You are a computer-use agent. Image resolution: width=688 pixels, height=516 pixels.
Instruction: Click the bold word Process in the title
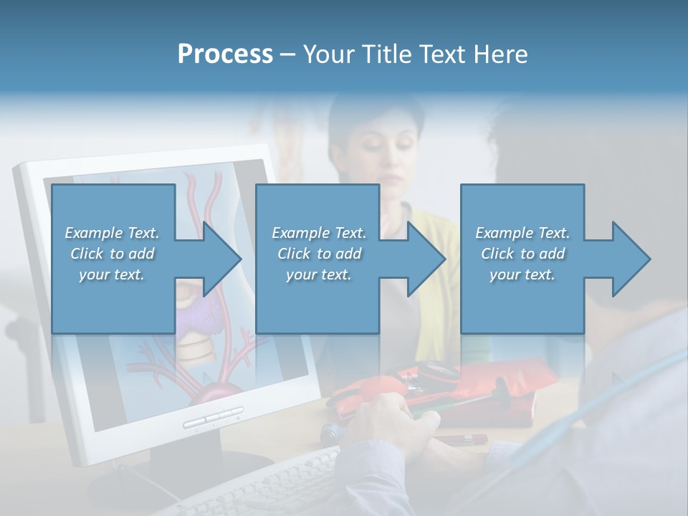tap(225, 54)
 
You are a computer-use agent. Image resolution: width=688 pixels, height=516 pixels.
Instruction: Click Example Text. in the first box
tap(112, 233)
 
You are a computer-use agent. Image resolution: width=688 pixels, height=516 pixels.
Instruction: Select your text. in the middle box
tap(318, 274)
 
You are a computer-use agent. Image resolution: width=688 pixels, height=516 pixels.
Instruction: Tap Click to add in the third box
tap(522, 254)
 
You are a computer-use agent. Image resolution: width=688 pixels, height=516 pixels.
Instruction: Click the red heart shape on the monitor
tap(215, 395)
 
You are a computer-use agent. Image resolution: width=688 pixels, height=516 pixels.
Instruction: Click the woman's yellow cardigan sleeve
tap(437, 236)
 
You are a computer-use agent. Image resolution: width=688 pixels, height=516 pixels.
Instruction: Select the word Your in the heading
tap(329, 54)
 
